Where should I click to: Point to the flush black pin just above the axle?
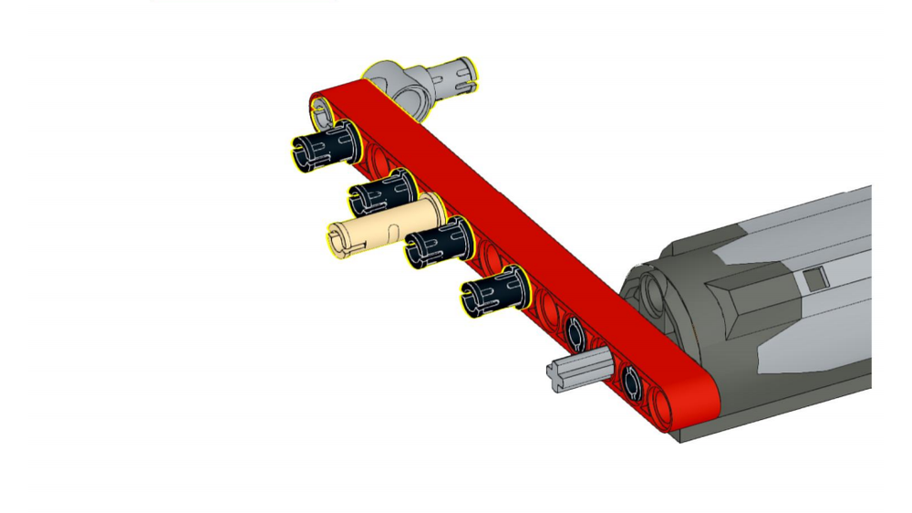click(575, 334)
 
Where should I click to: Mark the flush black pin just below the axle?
click(632, 382)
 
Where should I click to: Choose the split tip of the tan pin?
click(337, 242)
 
